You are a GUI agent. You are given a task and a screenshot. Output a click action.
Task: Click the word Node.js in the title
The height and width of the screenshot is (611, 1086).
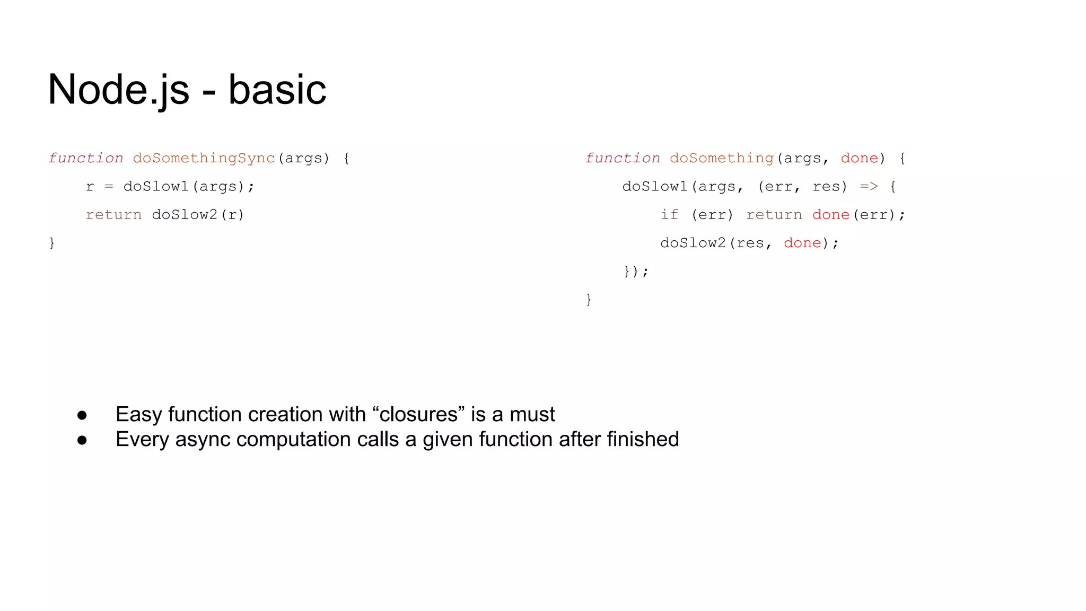(x=118, y=90)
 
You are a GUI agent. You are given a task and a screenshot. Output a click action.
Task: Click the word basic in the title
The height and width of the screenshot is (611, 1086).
(x=277, y=90)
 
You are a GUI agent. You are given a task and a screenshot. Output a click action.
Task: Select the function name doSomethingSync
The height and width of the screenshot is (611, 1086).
(x=204, y=158)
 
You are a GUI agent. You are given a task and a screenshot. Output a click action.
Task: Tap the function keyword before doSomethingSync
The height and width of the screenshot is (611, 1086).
(x=86, y=158)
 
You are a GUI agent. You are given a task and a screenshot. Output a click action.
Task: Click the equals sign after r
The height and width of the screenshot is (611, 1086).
(x=109, y=187)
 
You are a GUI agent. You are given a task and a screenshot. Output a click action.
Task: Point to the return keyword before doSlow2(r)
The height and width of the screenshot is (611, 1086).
(x=113, y=215)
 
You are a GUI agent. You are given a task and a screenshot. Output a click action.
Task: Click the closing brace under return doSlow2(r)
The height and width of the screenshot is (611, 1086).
(x=52, y=243)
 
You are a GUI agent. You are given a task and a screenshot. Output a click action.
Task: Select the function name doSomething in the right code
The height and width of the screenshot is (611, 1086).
(x=722, y=158)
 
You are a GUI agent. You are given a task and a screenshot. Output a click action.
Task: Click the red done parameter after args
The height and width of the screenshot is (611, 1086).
(x=859, y=158)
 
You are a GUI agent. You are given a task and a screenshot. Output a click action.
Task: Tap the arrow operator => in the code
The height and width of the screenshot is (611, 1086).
(x=869, y=187)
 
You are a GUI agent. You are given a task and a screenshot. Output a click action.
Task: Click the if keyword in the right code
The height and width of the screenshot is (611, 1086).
(x=669, y=215)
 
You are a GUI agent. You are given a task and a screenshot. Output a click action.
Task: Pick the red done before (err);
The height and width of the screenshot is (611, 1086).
(x=830, y=215)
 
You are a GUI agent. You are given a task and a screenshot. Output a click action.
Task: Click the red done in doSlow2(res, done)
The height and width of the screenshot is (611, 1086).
(x=802, y=243)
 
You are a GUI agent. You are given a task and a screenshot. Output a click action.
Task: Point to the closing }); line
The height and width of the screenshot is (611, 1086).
(x=636, y=272)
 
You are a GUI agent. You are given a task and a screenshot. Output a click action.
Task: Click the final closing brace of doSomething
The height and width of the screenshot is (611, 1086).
(x=589, y=300)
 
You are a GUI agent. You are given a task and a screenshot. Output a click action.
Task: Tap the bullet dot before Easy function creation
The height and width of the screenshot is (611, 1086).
(x=82, y=415)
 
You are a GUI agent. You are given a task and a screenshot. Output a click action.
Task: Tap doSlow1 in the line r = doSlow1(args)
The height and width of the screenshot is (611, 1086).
(x=156, y=187)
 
